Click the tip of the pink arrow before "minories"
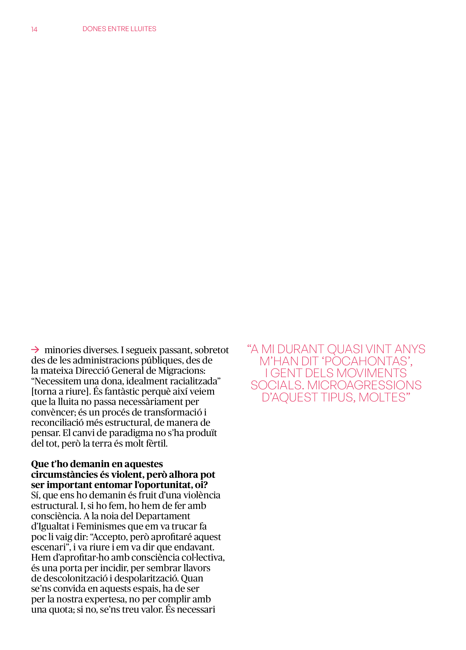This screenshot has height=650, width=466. pyautogui.click(x=39, y=350)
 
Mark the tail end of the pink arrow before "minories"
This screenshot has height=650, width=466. pyautogui.click(x=31, y=350)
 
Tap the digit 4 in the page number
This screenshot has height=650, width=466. pyautogui.click(x=36, y=29)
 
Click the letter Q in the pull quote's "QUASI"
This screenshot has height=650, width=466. pyautogui.click(x=333, y=349)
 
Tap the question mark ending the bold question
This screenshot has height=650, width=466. pyautogui.click(x=205, y=485)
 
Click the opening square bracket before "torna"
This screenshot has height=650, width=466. pyautogui.click(x=32, y=391)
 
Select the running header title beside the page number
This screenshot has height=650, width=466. pyautogui.click(x=119, y=29)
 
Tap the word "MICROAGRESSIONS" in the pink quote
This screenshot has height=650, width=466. pyautogui.click(x=364, y=385)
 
